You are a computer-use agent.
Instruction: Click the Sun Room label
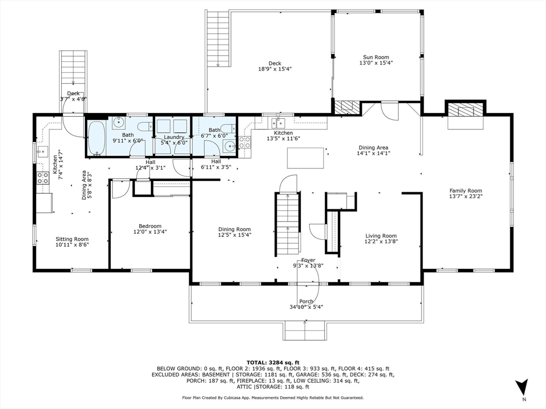376,57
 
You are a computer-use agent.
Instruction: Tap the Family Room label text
465,191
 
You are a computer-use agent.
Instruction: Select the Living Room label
381,236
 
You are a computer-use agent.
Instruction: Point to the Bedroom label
150,226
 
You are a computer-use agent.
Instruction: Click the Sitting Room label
73,239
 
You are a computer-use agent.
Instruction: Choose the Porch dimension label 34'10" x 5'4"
306,307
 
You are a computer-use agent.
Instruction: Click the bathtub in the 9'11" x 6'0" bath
97,138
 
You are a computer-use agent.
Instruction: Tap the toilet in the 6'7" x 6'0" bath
228,129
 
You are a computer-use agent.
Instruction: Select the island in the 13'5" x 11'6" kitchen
305,158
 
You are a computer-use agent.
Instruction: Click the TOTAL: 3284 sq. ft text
272,362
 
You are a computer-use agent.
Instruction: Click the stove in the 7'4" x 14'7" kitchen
42,178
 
